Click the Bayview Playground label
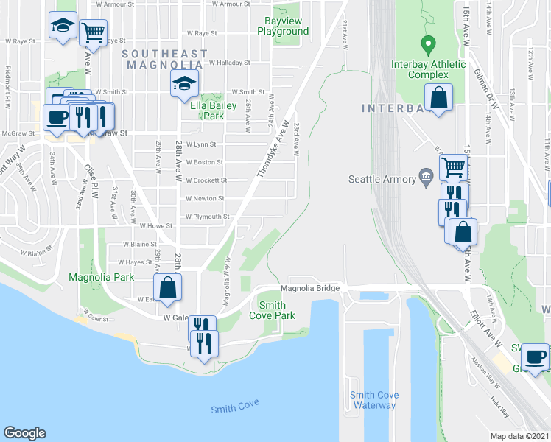point(281,27)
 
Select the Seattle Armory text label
point(381,178)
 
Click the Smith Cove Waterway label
point(374,400)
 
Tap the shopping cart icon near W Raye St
point(93,32)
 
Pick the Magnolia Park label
point(101,277)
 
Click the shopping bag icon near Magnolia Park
point(168,287)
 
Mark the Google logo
point(24,433)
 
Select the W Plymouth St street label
point(207,217)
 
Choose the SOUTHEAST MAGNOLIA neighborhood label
point(165,60)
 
